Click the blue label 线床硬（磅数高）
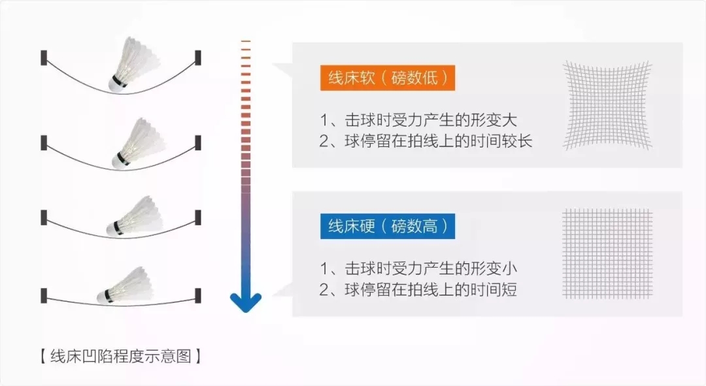point(388,227)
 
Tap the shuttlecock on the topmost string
point(135,63)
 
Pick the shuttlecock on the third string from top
point(134,217)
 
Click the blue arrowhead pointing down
point(246,302)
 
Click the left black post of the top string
point(44,57)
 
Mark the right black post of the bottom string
point(198,295)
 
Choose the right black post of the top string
point(198,57)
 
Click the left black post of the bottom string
point(44,295)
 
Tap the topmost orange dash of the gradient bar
point(246,41)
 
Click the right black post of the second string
point(198,142)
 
